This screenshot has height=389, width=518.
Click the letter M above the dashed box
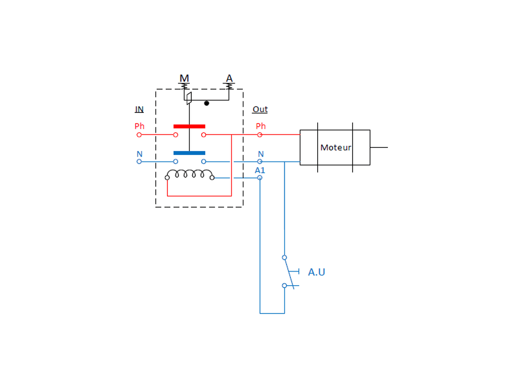(184, 79)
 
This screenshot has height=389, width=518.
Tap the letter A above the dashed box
(229, 79)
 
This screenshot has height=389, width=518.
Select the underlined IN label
(139, 109)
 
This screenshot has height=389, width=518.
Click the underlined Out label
(260, 109)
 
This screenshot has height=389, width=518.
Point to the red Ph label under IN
(140, 126)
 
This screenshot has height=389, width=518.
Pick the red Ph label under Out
(261, 126)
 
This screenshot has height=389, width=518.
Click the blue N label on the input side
(140, 154)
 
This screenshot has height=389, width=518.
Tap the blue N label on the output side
(261, 154)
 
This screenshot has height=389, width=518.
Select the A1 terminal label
(260, 170)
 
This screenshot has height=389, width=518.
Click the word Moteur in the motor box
(336, 147)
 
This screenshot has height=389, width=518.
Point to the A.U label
(317, 272)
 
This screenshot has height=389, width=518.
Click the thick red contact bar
(189, 126)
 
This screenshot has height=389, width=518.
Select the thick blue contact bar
(189, 153)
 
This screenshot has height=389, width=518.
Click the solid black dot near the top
(206, 103)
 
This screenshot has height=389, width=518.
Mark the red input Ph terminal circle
(139, 135)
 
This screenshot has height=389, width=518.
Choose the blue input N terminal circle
(139, 162)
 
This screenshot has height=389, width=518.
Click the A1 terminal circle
(260, 178)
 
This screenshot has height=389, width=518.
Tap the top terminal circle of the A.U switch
(284, 257)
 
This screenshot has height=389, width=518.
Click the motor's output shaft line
(379, 147)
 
